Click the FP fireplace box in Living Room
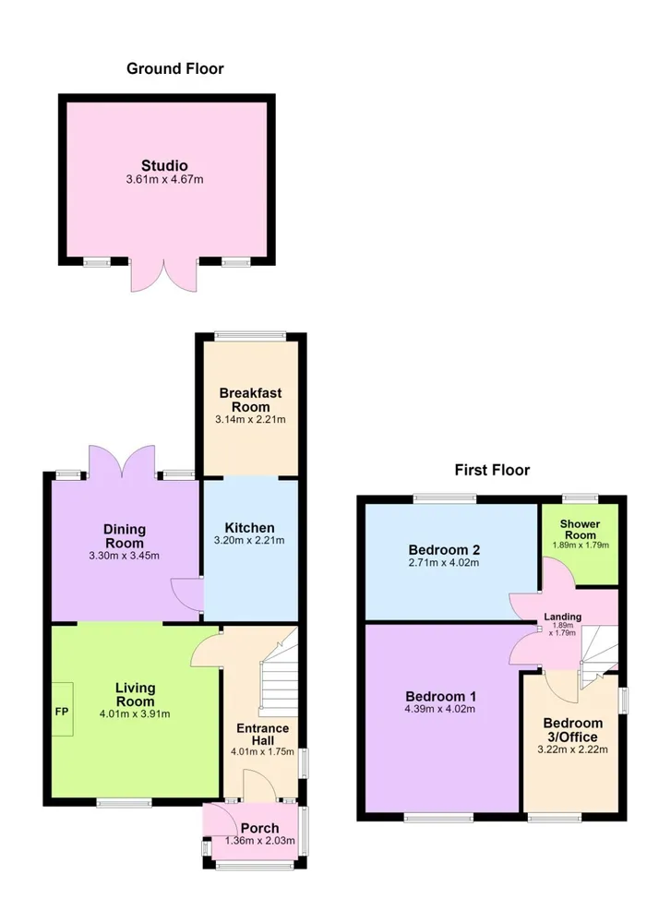point(63,709)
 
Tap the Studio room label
point(164,165)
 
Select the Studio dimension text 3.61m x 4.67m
point(164,180)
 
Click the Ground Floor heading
point(174,69)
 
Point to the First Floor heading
point(492,470)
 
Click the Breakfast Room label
point(251,400)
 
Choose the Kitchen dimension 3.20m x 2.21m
point(249,540)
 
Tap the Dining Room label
point(125,536)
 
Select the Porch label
point(259,828)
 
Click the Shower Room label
point(580,529)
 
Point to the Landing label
point(563,617)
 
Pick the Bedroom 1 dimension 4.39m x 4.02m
point(439,709)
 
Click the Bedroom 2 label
point(444,550)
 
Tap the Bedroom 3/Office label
point(573,730)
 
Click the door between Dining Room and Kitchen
point(187,595)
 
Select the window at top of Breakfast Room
point(251,336)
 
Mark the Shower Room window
point(581,498)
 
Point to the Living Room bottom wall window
point(125,802)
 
